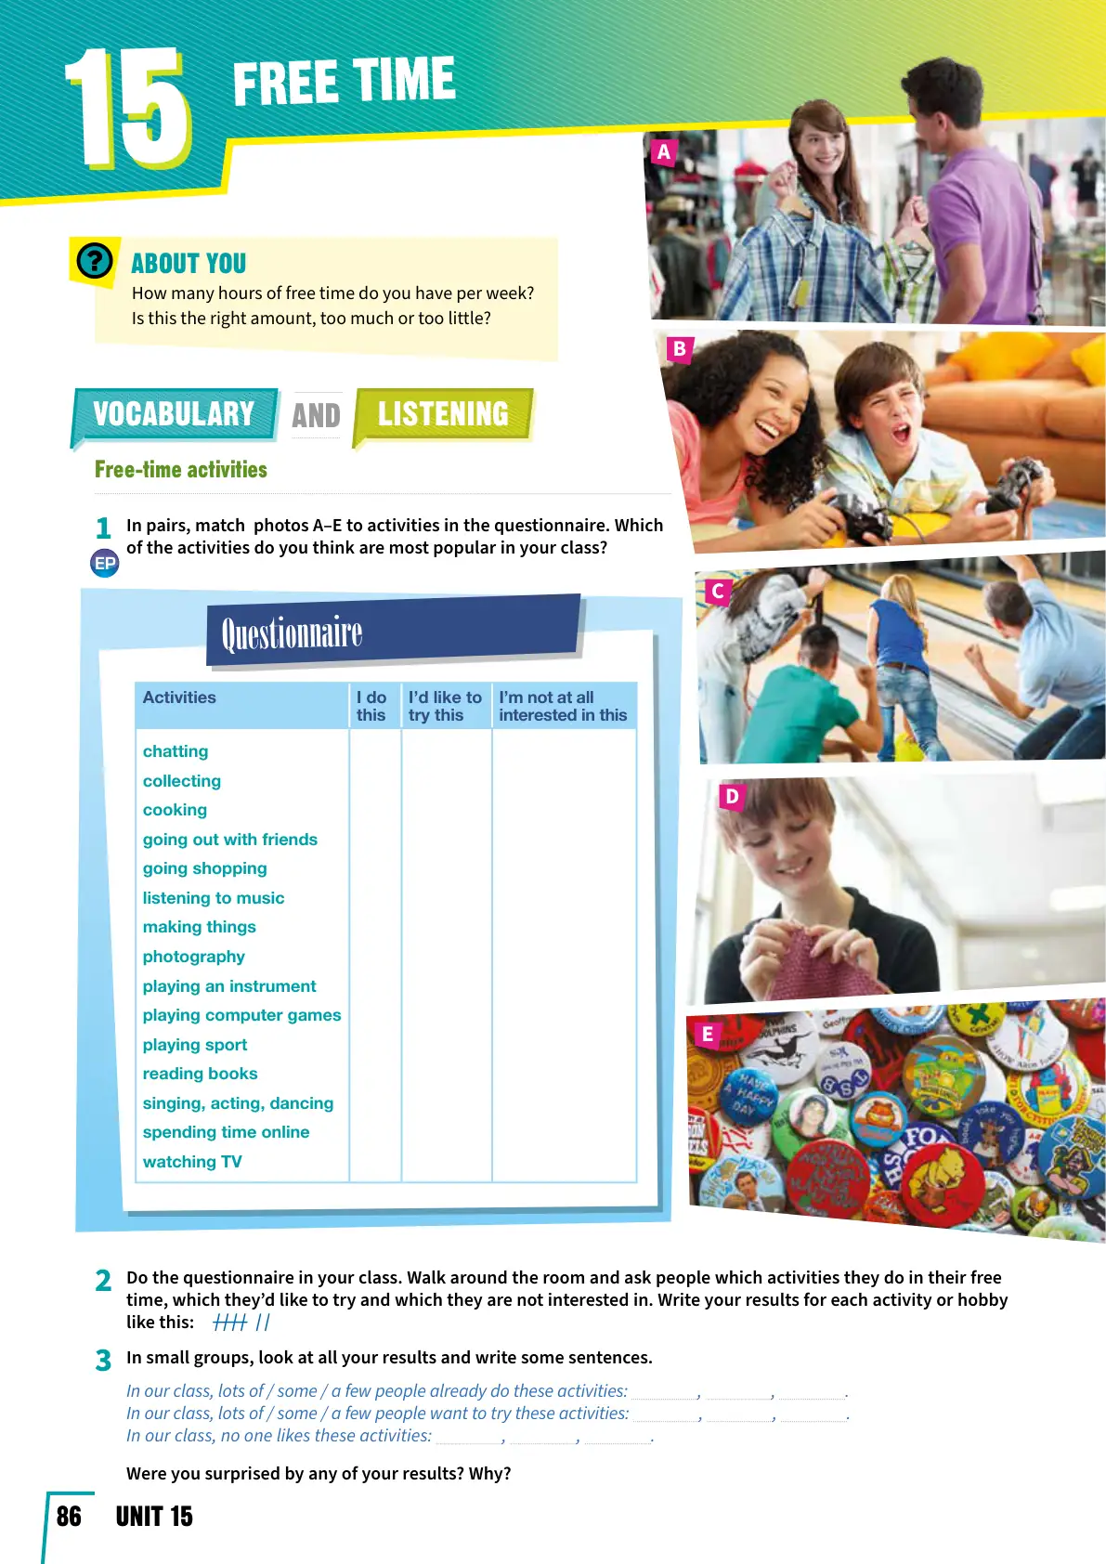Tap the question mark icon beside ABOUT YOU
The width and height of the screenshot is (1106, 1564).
(95, 261)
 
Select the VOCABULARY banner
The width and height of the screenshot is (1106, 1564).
(174, 414)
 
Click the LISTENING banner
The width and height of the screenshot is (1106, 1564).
(443, 414)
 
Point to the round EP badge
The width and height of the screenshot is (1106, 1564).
(105, 563)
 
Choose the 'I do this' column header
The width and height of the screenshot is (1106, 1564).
(371, 706)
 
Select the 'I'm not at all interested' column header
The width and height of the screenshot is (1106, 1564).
(563, 706)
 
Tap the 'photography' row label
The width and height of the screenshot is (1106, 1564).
(194, 957)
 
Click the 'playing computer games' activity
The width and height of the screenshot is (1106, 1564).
(241, 1015)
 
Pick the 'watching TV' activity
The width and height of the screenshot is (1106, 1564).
(192, 1162)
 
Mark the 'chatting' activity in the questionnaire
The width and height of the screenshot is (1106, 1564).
(176, 751)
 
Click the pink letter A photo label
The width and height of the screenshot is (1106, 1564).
(663, 152)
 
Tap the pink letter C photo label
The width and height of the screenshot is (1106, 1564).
(717, 591)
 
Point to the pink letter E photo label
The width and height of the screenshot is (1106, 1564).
(708, 1034)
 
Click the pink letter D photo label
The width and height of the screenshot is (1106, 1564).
(732, 796)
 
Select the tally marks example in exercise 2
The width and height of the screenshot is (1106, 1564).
(241, 1323)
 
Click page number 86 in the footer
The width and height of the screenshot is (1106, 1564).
(69, 1517)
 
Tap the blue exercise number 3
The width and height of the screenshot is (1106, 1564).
(103, 1361)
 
